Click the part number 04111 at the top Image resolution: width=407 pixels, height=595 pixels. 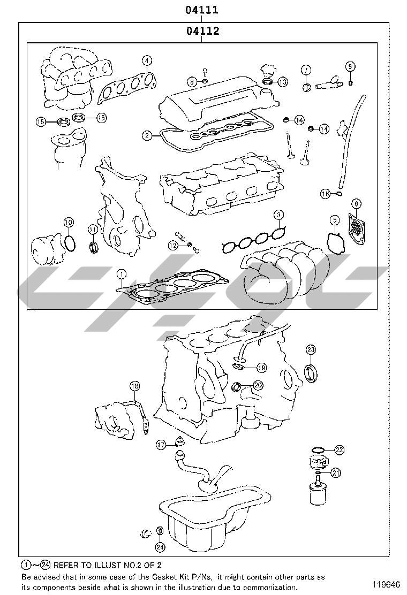tap(203, 10)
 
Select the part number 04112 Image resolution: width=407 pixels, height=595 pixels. tap(203, 31)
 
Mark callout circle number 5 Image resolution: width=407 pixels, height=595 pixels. tap(334, 219)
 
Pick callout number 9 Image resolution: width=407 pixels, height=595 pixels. tap(350, 66)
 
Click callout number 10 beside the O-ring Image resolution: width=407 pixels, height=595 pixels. tap(68, 222)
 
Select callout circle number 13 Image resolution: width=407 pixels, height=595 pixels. tap(282, 82)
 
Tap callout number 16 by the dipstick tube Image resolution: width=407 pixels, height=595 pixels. tap(325, 194)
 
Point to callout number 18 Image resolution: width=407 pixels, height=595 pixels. tap(134, 386)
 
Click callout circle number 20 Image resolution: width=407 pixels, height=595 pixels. tap(258, 385)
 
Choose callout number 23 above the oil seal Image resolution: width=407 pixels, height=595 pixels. tap(311, 350)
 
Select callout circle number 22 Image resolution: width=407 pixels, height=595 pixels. tap(339, 449)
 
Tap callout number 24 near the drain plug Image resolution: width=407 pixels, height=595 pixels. tap(160, 547)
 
